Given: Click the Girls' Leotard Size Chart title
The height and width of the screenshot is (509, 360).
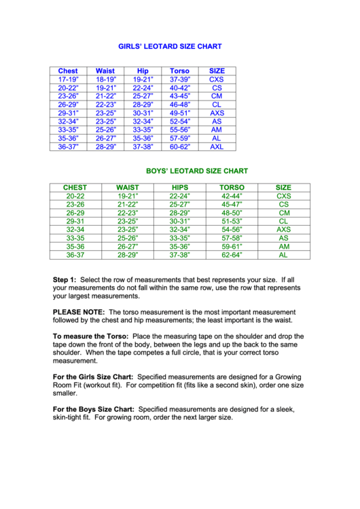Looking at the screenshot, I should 170,47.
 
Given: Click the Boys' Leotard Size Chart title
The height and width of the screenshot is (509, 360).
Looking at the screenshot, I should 197,171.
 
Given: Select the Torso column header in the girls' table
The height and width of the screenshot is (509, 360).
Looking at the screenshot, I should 179,71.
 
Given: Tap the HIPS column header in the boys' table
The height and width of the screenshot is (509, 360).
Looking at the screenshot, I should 179,188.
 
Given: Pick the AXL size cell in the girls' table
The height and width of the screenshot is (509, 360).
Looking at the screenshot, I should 217,146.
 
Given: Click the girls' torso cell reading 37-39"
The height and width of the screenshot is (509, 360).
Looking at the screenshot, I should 179,80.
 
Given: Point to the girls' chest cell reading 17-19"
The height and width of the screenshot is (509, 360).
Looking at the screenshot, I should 68,80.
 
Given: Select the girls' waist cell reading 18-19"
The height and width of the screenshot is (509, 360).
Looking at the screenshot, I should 105,80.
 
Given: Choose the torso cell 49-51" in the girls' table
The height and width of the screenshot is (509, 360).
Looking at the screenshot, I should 179,113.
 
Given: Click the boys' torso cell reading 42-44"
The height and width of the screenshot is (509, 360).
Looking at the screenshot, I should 232,196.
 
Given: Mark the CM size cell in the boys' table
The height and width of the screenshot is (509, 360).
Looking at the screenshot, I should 284,213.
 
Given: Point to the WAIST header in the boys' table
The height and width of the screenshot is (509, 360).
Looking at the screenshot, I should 128,188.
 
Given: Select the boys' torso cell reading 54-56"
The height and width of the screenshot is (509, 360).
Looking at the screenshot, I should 232,230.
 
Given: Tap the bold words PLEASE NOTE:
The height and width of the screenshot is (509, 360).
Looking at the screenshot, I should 78,312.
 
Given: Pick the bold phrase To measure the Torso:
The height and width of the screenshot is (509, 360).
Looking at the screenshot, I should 91,336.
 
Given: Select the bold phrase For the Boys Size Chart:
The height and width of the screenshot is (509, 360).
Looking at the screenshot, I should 93,409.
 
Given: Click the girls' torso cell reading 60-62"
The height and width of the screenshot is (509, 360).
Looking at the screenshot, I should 179,146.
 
